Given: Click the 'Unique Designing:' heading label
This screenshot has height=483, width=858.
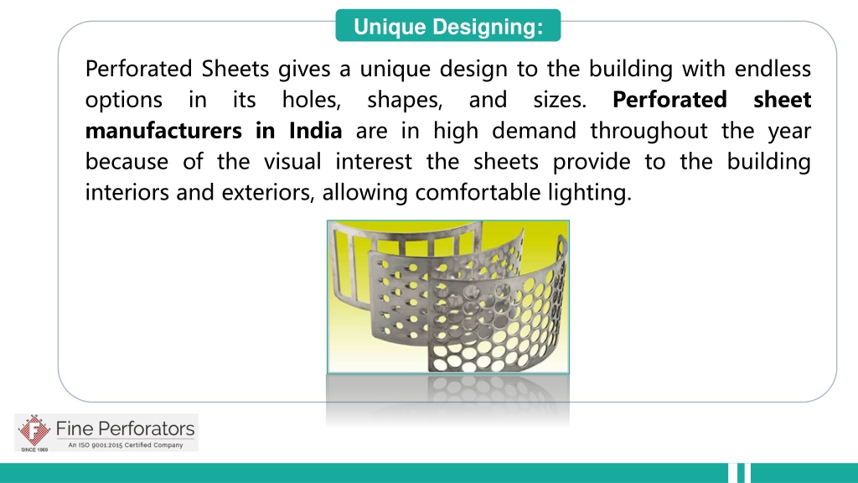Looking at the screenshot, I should coord(447,27).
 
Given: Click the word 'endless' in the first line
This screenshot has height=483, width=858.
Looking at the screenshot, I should coord(779,68).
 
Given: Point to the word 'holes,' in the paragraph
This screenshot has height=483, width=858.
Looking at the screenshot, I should coord(312,100).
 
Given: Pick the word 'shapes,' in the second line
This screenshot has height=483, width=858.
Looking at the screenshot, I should coord(405,100).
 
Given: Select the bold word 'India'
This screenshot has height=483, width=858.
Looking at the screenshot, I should coord(315,131).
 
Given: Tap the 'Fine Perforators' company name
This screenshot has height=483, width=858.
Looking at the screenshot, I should coord(125,429).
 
